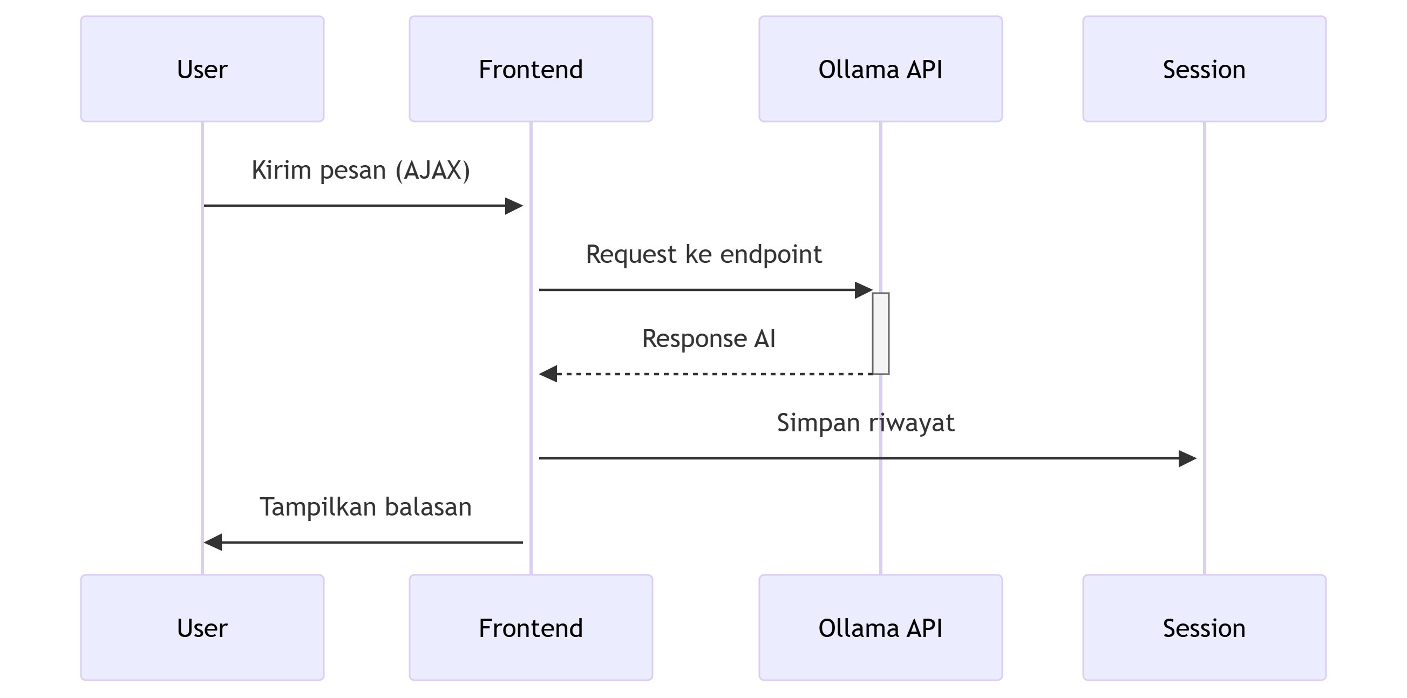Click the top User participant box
coord(202,69)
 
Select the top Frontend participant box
coord(531,69)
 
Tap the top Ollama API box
coord(880,69)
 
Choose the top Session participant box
coord(1204,69)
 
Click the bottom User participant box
coord(202,627)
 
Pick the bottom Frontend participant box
coord(531,627)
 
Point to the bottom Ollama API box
coord(880,627)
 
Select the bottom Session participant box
coord(1204,627)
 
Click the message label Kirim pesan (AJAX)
coord(361,170)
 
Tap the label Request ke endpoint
coord(704,254)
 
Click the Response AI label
coord(709,338)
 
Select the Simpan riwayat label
coord(865,423)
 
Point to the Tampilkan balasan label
coord(365,507)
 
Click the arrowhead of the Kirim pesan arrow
coord(514,206)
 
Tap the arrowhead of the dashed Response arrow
coord(548,374)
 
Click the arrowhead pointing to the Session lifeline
coord(1187,458)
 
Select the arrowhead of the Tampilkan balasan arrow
coord(213,543)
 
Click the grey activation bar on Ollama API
coord(880,333)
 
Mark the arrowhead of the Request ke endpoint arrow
coord(863,290)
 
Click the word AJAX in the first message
coord(433,170)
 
